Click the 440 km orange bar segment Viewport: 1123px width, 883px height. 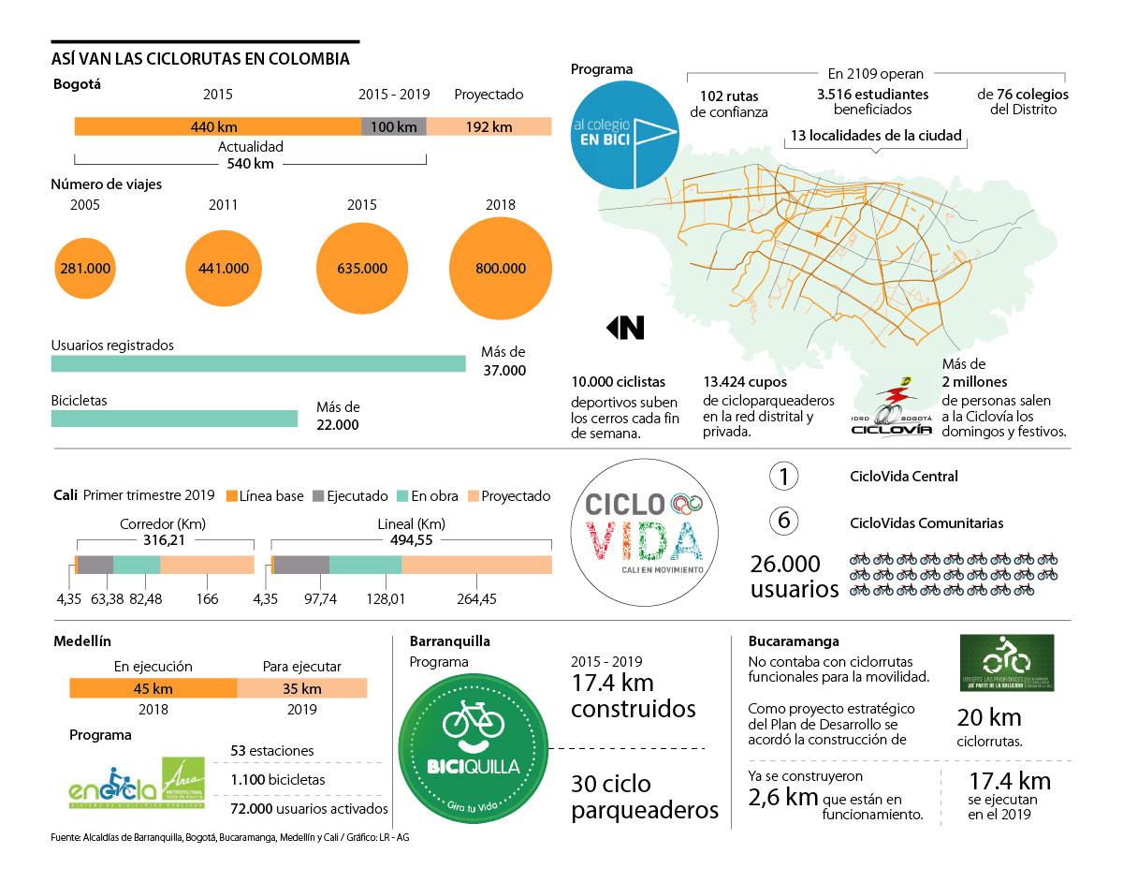217,126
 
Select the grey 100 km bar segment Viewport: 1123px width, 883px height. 394,126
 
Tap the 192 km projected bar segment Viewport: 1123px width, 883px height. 489,126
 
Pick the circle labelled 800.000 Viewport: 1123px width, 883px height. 501,268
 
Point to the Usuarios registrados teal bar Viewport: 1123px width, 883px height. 258,363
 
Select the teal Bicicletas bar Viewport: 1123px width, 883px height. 174,418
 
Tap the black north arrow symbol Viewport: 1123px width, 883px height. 625,328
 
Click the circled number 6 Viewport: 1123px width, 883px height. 784,522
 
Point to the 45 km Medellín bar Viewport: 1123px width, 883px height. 153,688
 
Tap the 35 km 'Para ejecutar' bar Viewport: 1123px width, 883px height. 301,688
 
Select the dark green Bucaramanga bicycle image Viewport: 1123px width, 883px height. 1007,663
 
